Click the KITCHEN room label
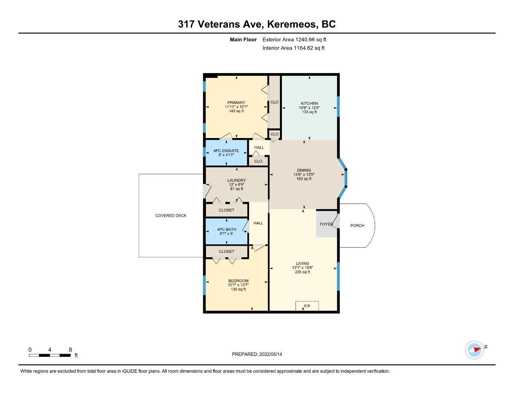[x=309, y=103]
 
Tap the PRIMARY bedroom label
[x=236, y=103]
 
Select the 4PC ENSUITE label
[x=226, y=151]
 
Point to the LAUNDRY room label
[x=237, y=180]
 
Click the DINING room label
[x=304, y=170]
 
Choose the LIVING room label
[x=302, y=263]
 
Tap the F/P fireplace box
[x=307, y=306]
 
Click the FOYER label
[x=326, y=224]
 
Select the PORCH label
[x=357, y=226]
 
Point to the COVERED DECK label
[x=171, y=216]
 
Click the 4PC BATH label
[x=226, y=229]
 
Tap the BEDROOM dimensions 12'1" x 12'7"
[x=238, y=285]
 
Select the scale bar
[x=50, y=355]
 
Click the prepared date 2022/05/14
[x=271, y=354]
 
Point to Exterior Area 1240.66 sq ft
[x=294, y=40]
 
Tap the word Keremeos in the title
[x=293, y=24]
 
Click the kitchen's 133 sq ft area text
[x=309, y=112]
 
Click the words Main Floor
[x=243, y=40]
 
